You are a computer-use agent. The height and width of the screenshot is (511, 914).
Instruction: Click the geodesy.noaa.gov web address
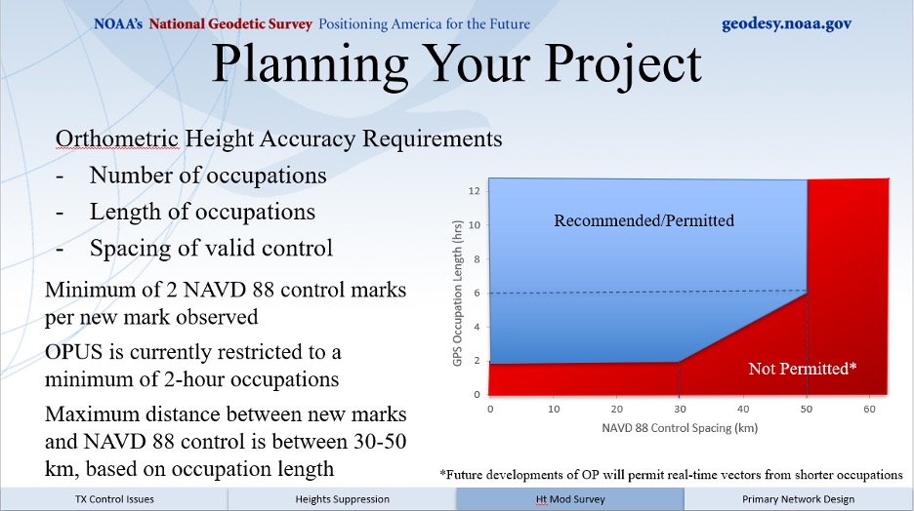pos(786,23)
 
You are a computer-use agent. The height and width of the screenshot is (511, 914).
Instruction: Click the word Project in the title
pos(623,65)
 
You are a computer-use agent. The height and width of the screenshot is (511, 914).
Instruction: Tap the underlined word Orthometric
pos(117,139)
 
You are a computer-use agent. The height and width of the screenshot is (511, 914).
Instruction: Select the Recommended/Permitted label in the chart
pos(644,220)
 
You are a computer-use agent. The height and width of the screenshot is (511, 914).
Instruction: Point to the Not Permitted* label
pos(803,369)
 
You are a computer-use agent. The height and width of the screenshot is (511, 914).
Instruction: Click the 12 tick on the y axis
pos(474,191)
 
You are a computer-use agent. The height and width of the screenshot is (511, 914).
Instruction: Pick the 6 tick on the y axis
pos(477,293)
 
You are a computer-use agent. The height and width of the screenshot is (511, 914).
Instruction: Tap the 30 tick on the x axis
pos(680,410)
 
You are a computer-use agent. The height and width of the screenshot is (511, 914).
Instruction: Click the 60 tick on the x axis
pos(869,410)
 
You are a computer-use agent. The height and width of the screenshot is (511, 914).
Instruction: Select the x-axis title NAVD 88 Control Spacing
pos(680,428)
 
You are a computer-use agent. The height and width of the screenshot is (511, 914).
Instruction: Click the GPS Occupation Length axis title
pos(458,294)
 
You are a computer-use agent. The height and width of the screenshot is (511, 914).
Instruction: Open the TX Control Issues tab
pos(114,499)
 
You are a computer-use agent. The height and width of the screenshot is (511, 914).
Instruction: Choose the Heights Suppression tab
pos(342,499)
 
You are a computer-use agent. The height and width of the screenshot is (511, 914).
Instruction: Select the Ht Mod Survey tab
pos(570,499)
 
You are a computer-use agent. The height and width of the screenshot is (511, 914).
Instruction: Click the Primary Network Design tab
pos(799,499)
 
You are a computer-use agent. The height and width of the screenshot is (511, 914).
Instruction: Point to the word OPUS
pos(73,352)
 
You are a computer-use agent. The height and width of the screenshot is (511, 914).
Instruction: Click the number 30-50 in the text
pos(380,441)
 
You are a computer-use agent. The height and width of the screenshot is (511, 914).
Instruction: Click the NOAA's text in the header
pos(118,23)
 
